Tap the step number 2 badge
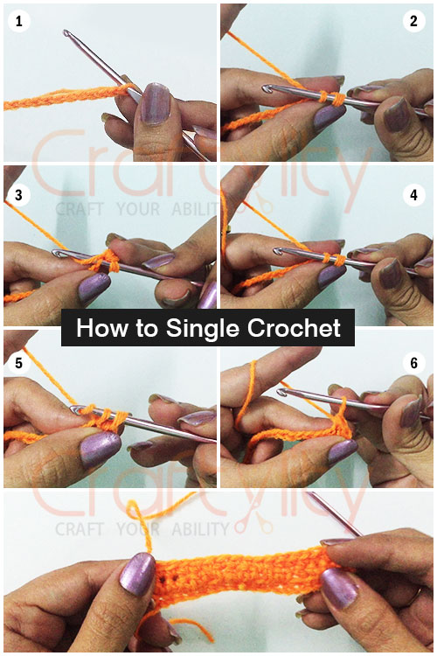pyautogui.click(x=414, y=22)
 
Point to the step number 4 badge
pyautogui.click(x=414, y=195)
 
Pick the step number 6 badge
pyautogui.click(x=414, y=362)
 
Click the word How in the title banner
pyautogui.click(x=96, y=328)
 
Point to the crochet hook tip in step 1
pyautogui.click(x=66, y=34)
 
